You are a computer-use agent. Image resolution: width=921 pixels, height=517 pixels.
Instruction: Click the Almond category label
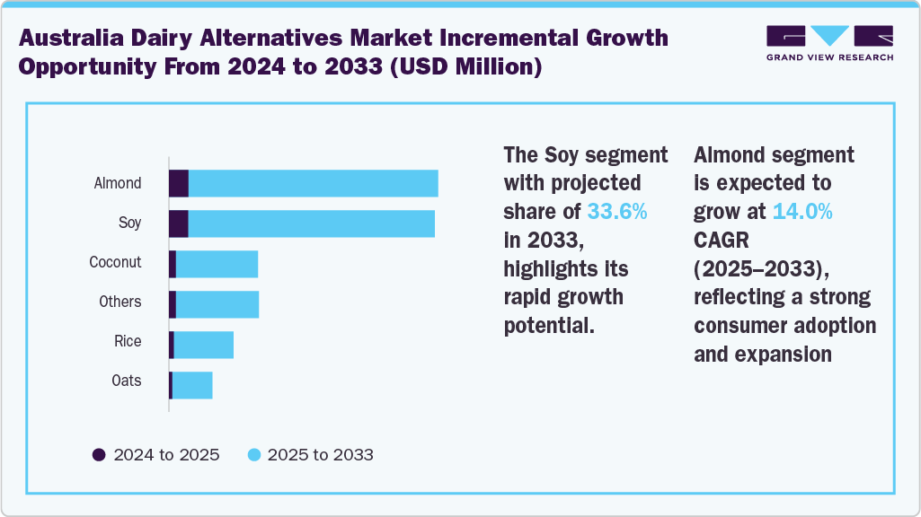pyautogui.click(x=118, y=183)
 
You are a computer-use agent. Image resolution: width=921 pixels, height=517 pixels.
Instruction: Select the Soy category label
pyautogui.click(x=129, y=223)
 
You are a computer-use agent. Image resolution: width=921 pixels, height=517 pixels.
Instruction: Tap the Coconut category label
pyautogui.click(x=115, y=262)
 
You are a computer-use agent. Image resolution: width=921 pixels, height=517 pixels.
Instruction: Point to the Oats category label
pyautogui.click(x=127, y=381)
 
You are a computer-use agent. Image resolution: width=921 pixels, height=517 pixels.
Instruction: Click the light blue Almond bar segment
pyautogui.click(x=313, y=183)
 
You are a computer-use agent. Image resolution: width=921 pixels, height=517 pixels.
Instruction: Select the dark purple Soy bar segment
pyautogui.click(x=178, y=223)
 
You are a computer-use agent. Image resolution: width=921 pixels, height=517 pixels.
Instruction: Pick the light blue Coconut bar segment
pyautogui.click(x=217, y=264)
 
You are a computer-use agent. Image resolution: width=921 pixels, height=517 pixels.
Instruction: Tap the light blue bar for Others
pyautogui.click(x=217, y=304)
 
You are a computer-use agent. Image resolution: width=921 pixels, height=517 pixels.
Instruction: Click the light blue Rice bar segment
pyautogui.click(x=203, y=345)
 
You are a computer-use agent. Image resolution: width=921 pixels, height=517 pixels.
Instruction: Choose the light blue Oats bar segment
pyautogui.click(x=191, y=385)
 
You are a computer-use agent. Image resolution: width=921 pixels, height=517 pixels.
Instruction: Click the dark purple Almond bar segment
pyautogui.click(x=178, y=183)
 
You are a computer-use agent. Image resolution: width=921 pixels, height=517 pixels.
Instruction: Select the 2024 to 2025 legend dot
pyautogui.click(x=100, y=454)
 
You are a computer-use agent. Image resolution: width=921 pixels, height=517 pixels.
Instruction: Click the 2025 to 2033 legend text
pyautogui.click(x=320, y=454)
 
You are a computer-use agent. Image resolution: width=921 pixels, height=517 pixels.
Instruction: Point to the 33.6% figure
pyautogui.click(x=616, y=212)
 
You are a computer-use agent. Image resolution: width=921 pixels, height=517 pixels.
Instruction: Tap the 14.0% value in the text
pyautogui.click(x=802, y=212)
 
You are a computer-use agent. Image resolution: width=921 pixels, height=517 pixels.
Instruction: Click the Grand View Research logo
pyautogui.click(x=829, y=42)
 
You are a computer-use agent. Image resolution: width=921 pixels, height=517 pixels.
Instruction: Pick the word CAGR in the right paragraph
pyautogui.click(x=721, y=241)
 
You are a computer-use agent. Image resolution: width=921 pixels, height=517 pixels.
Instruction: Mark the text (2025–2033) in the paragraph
pyautogui.click(x=757, y=268)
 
